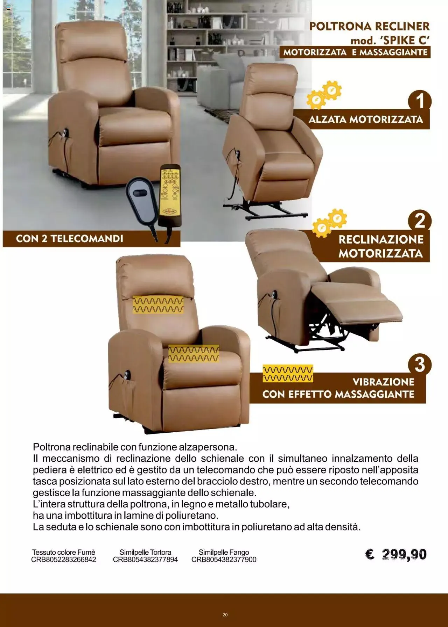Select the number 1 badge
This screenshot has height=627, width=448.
tap(420, 101)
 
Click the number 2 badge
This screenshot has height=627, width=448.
tap(420, 221)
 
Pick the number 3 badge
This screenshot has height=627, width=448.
tap(420, 364)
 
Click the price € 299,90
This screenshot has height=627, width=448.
tap(396, 554)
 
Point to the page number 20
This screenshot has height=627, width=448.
tap(225, 615)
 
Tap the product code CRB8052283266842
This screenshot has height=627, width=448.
tap(64, 560)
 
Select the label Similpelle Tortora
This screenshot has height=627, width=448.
tap(145, 552)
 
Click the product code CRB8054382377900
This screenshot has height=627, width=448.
tap(224, 560)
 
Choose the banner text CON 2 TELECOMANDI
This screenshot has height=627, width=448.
tap(70, 239)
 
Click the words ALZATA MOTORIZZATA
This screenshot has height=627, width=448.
tap(366, 120)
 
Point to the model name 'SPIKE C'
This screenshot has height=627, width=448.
tap(405, 41)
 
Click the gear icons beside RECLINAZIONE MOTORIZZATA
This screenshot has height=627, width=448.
tap(329, 223)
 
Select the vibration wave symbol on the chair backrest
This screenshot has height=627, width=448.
tap(158, 305)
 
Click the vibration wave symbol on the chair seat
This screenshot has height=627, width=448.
tap(194, 354)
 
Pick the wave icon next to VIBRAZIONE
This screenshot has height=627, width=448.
tap(288, 374)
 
